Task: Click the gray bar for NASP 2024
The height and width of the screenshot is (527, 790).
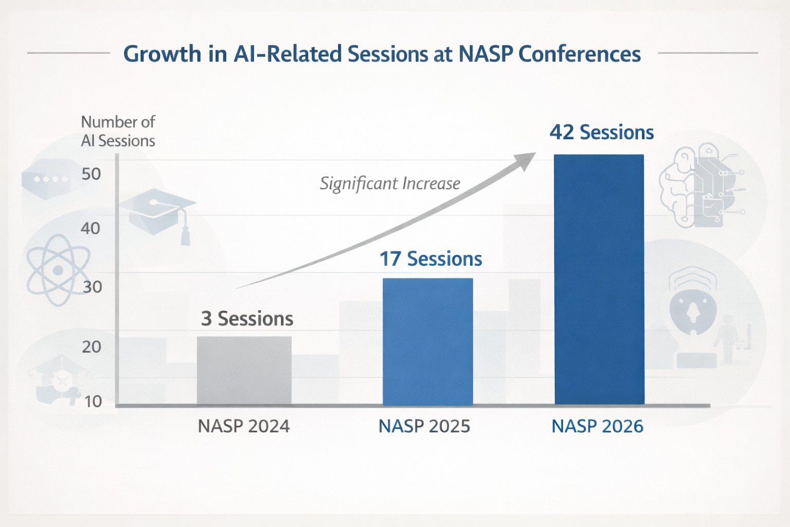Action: click(x=244, y=371)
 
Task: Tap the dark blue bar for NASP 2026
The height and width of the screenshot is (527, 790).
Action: click(x=599, y=279)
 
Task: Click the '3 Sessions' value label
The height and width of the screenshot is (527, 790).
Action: click(x=247, y=319)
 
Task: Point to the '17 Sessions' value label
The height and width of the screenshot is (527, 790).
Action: click(x=430, y=259)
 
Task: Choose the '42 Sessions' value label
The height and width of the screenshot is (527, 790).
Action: click(x=601, y=132)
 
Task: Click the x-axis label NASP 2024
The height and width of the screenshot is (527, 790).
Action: click(x=244, y=426)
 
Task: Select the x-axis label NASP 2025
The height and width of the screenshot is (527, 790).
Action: click(x=424, y=426)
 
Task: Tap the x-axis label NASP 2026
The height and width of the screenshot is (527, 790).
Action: click(x=597, y=426)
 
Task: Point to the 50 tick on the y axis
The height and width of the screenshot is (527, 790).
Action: click(x=91, y=174)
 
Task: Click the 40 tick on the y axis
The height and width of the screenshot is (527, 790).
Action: click(x=90, y=228)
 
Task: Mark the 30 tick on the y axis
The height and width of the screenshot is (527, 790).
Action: click(x=92, y=287)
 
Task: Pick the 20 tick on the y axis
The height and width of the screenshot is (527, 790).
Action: click(x=92, y=347)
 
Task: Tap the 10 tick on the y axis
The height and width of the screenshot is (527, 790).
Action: click(x=93, y=401)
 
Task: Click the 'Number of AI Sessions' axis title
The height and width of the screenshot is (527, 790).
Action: click(x=118, y=131)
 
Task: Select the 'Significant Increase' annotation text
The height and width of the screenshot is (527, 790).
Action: click(x=390, y=184)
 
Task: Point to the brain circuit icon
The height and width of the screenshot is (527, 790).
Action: click(x=699, y=185)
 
